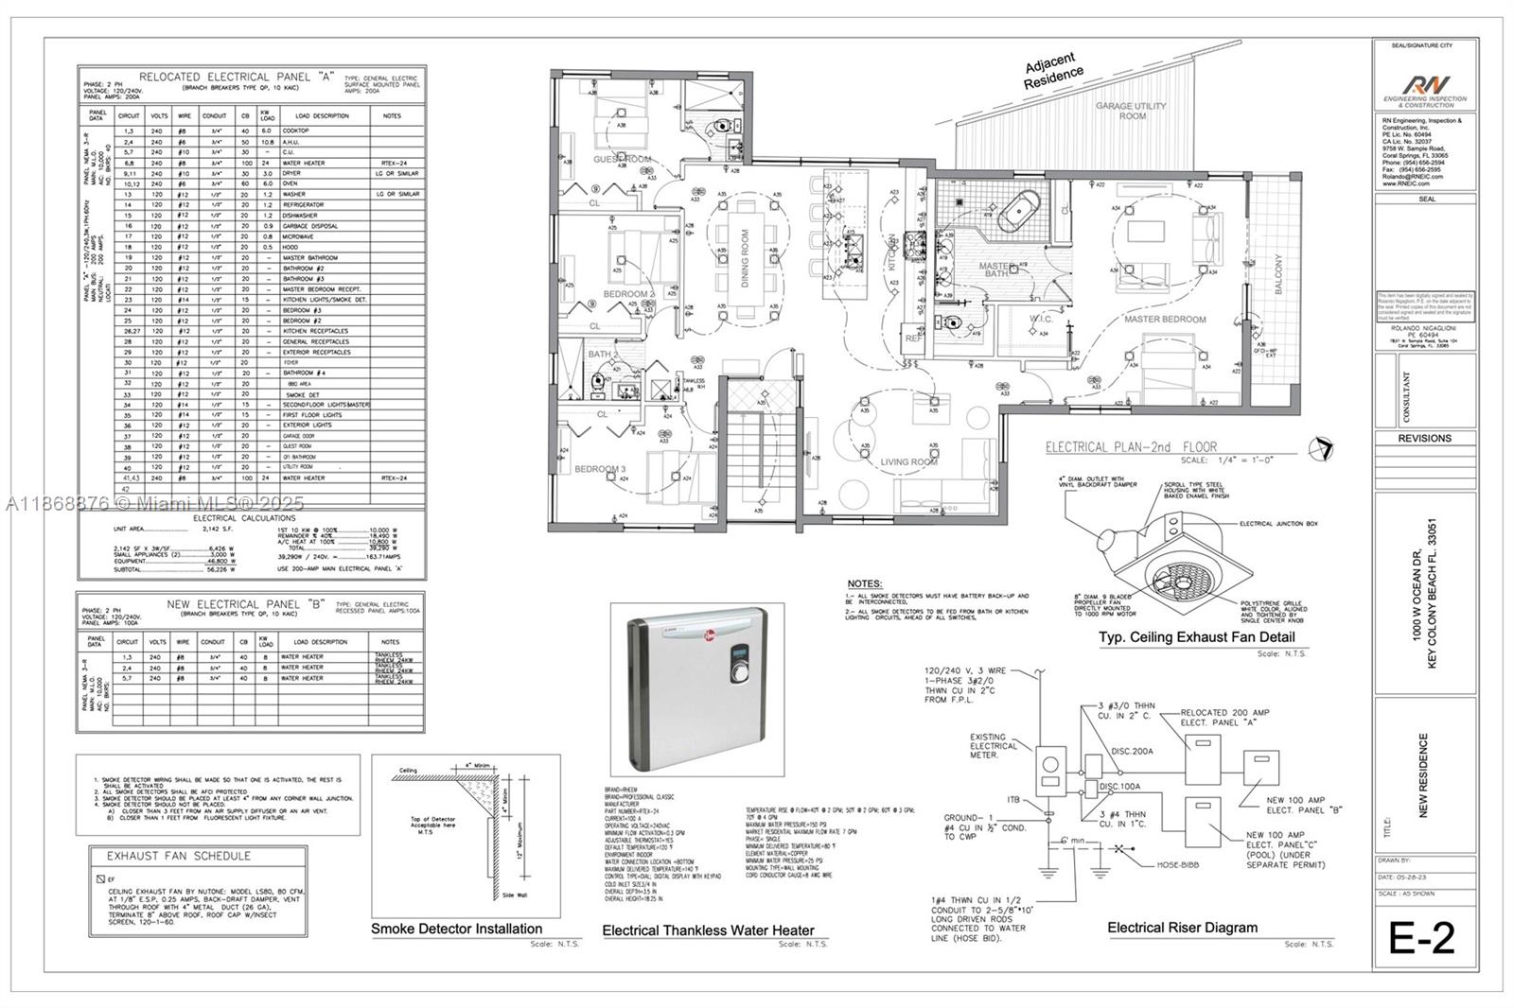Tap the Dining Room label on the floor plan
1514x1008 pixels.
[x=745, y=257]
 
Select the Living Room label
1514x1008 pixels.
[x=908, y=461]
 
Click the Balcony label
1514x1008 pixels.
[x=1278, y=274]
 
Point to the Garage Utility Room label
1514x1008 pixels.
[x=1132, y=111]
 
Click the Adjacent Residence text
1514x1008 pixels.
[x=1054, y=71]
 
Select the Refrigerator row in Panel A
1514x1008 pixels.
[x=303, y=204]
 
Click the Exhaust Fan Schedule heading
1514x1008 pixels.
[x=178, y=856]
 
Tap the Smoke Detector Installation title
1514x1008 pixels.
[x=456, y=929]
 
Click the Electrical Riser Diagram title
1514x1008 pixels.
[x=1182, y=928]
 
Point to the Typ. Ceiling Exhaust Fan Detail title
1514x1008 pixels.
[x=1196, y=637]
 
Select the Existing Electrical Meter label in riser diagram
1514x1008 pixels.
[x=994, y=746]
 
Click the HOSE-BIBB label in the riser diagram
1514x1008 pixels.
[x=1180, y=865]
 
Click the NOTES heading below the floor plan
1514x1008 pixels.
[x=864, y=583]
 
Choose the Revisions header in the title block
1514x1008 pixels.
[x=1424, y=438]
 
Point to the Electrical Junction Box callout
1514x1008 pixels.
[x=1276, y=523]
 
